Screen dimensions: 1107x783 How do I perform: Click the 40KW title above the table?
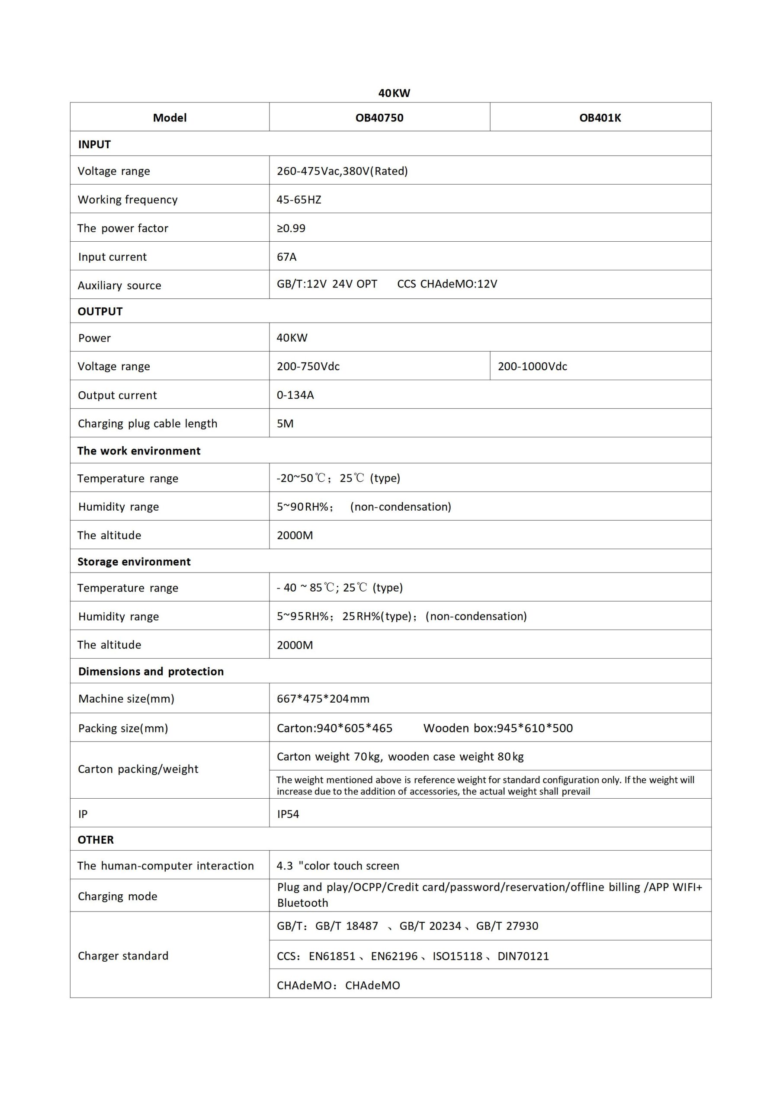coord(394,93)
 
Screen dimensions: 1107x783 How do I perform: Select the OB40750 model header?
coord(379,118)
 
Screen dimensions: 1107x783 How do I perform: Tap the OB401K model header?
coord(600,118)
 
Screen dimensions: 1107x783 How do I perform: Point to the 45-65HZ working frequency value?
coord(298,200)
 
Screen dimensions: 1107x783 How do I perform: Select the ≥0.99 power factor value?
coord(291,228)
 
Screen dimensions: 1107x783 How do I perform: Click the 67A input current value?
coord(286,256)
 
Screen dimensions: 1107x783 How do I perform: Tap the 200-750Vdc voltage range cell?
coord(308,366)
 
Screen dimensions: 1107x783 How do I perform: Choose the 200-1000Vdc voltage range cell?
coord(532,366)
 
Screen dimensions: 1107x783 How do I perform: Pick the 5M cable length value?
coord(285,423)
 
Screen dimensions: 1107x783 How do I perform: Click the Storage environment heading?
coord(134,562)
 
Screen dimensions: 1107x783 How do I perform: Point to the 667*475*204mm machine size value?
coord(323,699)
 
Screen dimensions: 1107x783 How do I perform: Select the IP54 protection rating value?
coord(288,814)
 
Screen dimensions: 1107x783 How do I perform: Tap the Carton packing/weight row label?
coord(138,769)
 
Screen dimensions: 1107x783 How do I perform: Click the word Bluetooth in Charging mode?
coord(302,902)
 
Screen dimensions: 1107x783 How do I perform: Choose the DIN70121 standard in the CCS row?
coord(523,956)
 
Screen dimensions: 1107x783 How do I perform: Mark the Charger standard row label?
coord(123,956)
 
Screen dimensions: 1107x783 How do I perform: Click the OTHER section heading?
coord(96,839)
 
